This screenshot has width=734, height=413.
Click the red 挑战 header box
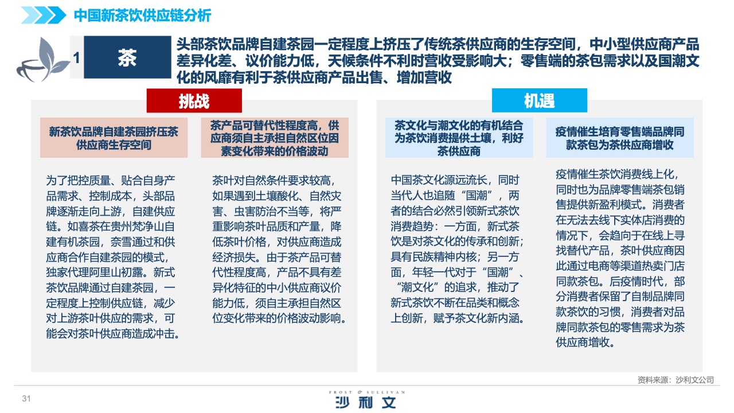pos(194,100)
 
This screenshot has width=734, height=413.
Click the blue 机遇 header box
pos(540,100)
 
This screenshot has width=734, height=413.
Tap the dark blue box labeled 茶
pos(127,57)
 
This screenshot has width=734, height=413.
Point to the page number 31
pos(26,399)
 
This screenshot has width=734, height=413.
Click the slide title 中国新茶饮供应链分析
pos(143,15)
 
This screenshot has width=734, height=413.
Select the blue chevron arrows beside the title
pos(44,15)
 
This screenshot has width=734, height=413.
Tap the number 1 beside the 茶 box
pos(77,58)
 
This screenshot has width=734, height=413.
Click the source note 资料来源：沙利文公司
pos(676,380)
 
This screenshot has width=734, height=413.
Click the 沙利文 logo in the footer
pos(366,402)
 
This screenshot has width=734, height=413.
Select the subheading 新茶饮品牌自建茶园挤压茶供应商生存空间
pos(114,138)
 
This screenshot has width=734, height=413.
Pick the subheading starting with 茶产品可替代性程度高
pos(275,138)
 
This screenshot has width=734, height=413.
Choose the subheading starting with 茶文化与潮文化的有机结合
pos(459,138)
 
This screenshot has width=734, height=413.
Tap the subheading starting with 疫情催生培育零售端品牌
pos(620,138)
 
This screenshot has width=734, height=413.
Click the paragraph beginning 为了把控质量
pos(112,257)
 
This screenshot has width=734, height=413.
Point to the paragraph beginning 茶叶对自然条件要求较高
pos(279,249)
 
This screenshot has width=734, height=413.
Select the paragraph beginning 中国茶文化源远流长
pos(458,249)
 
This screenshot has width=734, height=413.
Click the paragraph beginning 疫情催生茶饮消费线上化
pos(620,258)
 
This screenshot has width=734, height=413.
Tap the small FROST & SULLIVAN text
pos(367,392)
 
